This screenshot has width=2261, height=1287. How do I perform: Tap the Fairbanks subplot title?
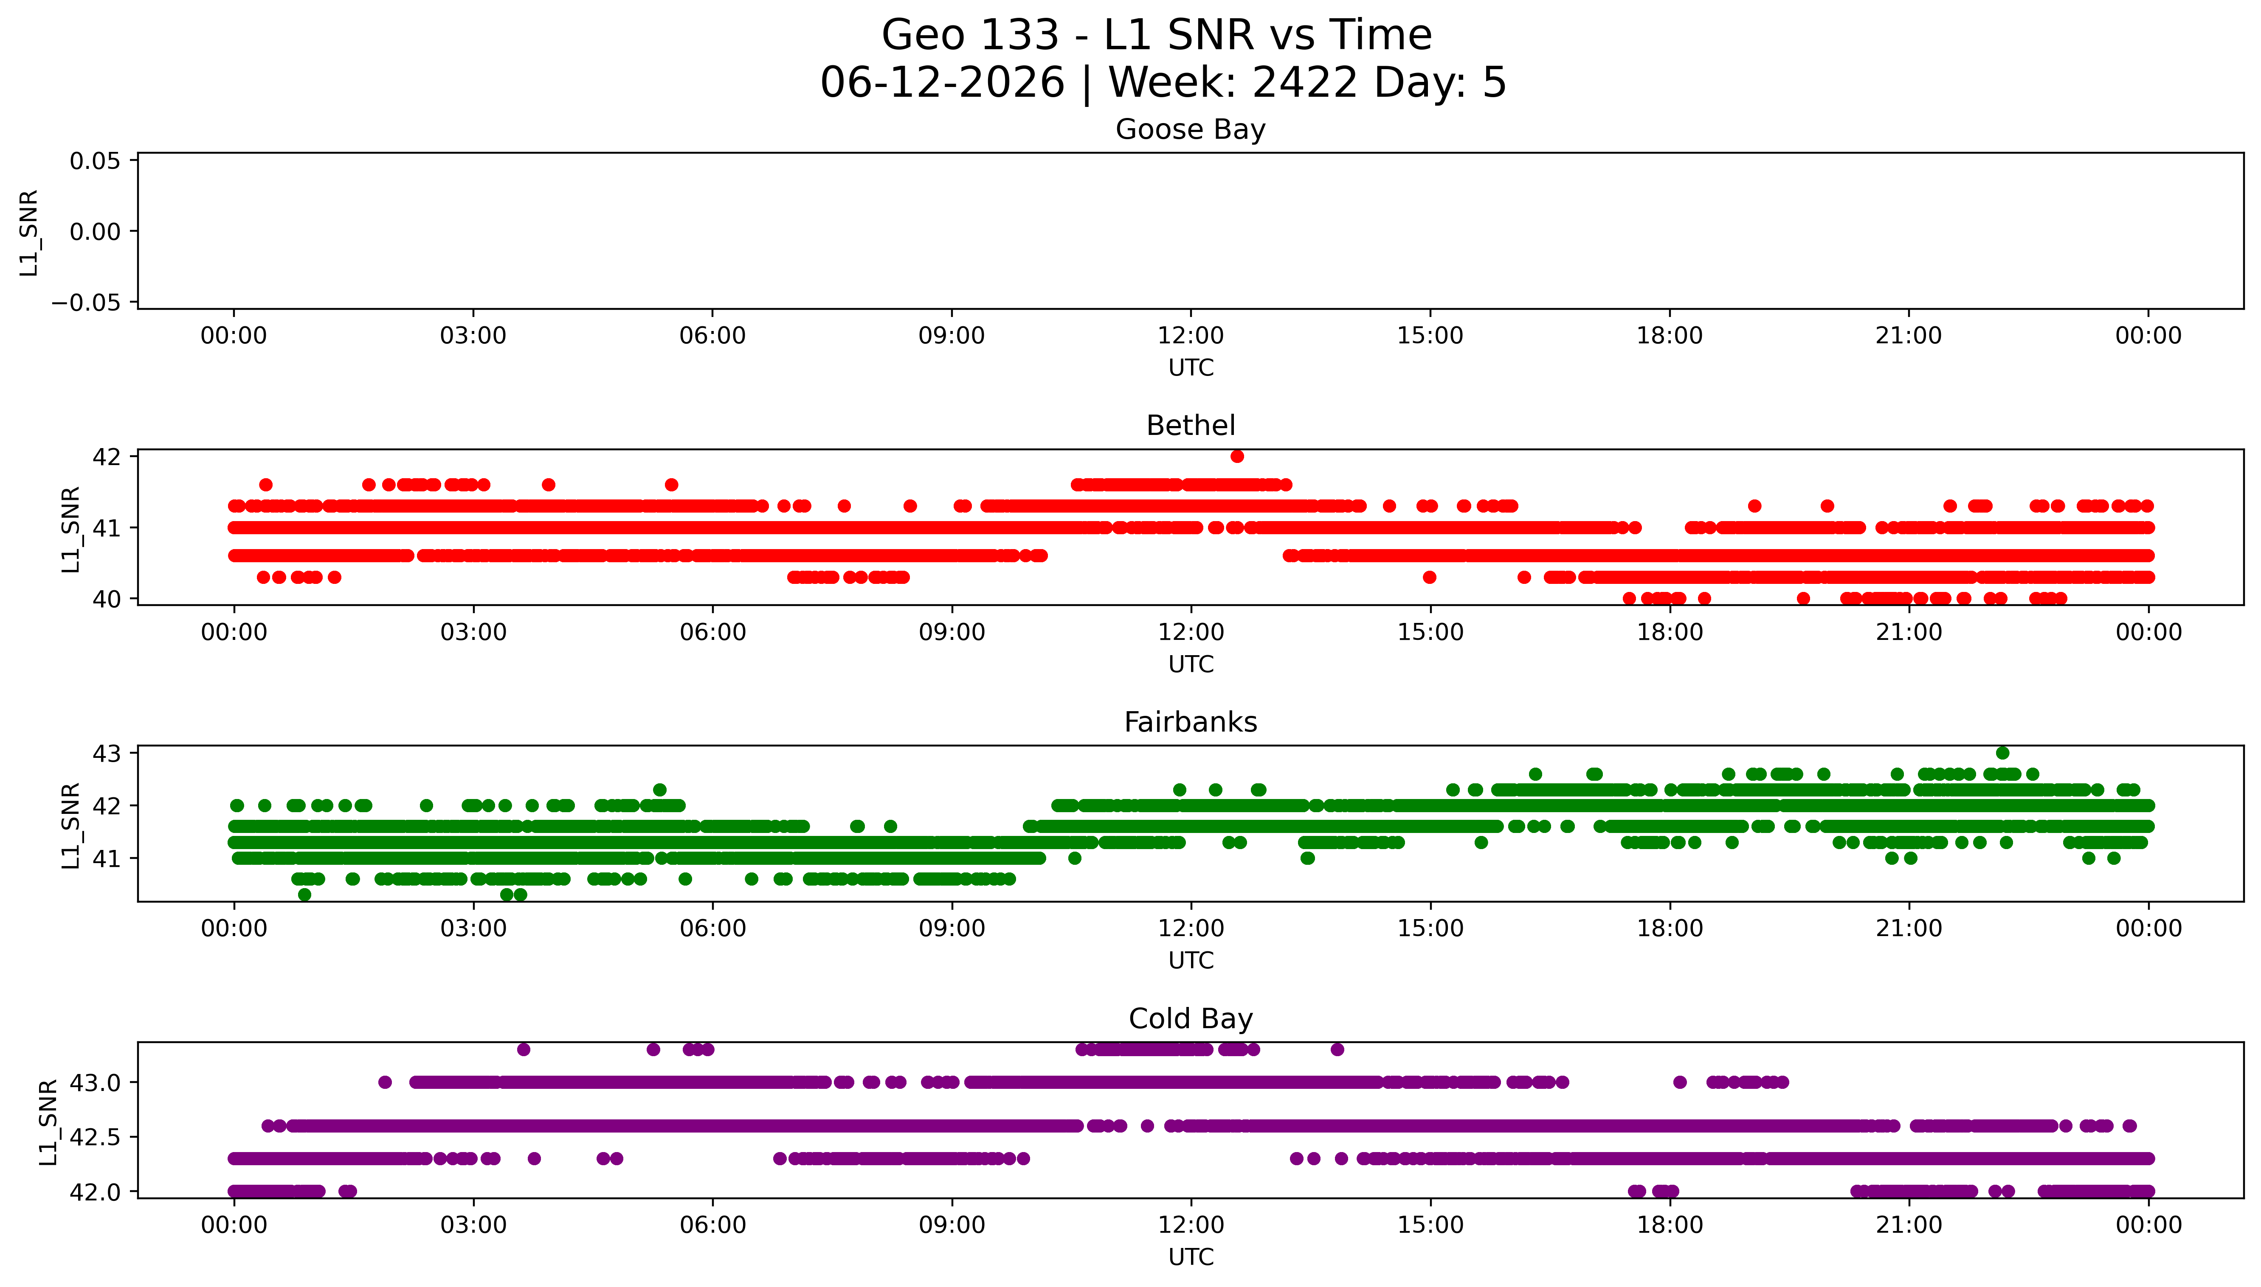pos(1190,722)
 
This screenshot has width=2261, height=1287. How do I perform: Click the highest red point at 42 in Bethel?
pos(1237,456)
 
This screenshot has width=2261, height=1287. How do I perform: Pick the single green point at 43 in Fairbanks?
pos(2003,753)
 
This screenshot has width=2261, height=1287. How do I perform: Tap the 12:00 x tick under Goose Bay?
pos(1190,336)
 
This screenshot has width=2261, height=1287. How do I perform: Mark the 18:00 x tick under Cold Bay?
pos(1670,1225)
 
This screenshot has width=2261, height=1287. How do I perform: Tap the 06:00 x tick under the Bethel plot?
pos(713,632)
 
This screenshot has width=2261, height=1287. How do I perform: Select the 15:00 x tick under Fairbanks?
pos(1430,928)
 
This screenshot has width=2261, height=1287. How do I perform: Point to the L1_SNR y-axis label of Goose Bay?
pos(29,233)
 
